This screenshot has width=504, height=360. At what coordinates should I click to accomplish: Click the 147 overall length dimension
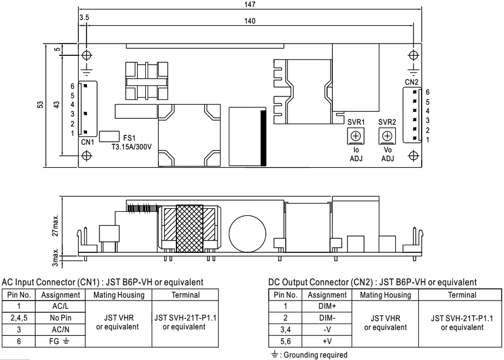[x=250, y=5]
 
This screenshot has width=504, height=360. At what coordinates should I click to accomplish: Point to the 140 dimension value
[x=250, y=21]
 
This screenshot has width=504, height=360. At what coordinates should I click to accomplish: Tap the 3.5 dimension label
[x=84, y=18]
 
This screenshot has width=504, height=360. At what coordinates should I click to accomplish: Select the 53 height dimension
[x=40, y=105]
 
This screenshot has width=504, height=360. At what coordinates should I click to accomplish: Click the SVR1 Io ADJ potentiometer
[x=356, y=136]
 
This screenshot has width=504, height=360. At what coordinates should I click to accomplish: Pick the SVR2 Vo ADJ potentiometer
[x=388, y=136]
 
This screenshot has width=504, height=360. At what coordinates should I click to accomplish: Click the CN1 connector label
[x=87, y=142]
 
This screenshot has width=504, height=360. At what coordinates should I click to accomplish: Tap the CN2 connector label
[x=412, y=82]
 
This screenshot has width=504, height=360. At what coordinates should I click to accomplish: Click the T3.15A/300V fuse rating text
[x=132, y=147]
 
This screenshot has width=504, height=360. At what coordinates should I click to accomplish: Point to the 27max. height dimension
[x=56, y=225]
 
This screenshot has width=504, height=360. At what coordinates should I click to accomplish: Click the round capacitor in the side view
[x=248, y=234]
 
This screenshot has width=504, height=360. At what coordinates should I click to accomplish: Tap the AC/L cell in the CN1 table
[x=61, y=306]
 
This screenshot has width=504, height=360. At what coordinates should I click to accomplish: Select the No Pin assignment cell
[x=61, y=318]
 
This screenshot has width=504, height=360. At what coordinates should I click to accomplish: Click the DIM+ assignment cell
[x=327, y=306]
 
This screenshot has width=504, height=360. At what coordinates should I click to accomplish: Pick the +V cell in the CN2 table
[x=327, y=341]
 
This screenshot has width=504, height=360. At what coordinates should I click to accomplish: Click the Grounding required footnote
[x=309, y=355]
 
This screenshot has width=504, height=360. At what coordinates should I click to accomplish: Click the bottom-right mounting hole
[x=413, y=156]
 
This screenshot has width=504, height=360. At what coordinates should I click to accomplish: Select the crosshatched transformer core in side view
[x=189, y=229]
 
